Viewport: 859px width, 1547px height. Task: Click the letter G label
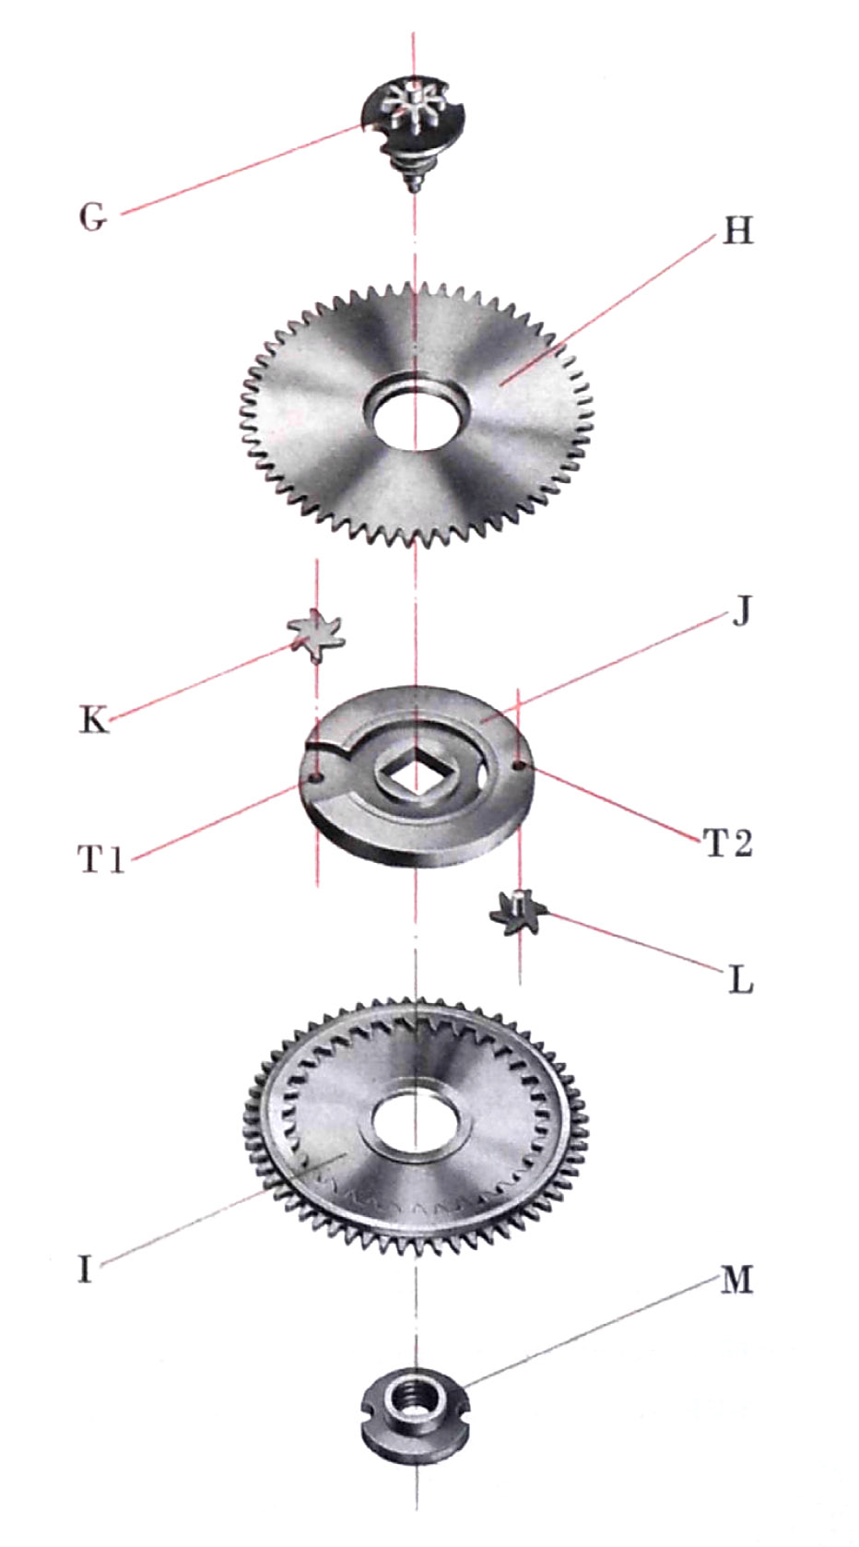93,217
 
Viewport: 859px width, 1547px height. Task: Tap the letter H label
738,231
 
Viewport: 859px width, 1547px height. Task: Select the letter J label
741,610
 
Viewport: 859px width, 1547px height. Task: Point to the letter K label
94,720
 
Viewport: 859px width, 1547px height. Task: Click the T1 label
101,860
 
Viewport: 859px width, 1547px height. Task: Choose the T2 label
728,842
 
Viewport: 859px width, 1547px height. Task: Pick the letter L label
741,979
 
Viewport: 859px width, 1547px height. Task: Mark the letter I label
85,1269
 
